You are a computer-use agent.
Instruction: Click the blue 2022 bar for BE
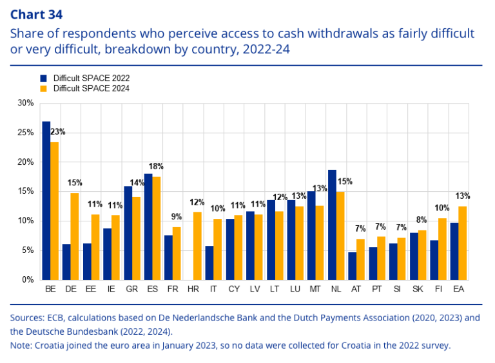(46, 200)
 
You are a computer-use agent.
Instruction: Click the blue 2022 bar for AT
(353, 266)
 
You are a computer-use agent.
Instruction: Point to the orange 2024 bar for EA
(463, 243)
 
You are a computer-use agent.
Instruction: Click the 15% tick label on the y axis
(26, 192)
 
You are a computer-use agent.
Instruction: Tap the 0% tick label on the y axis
(28, 280)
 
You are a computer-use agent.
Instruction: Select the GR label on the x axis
(131, 290)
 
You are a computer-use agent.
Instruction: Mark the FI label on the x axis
(438, 290)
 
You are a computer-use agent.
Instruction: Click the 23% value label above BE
(58, 132)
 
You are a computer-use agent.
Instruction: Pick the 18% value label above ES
(156, 166)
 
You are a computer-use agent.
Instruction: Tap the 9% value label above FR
(177, 217)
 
